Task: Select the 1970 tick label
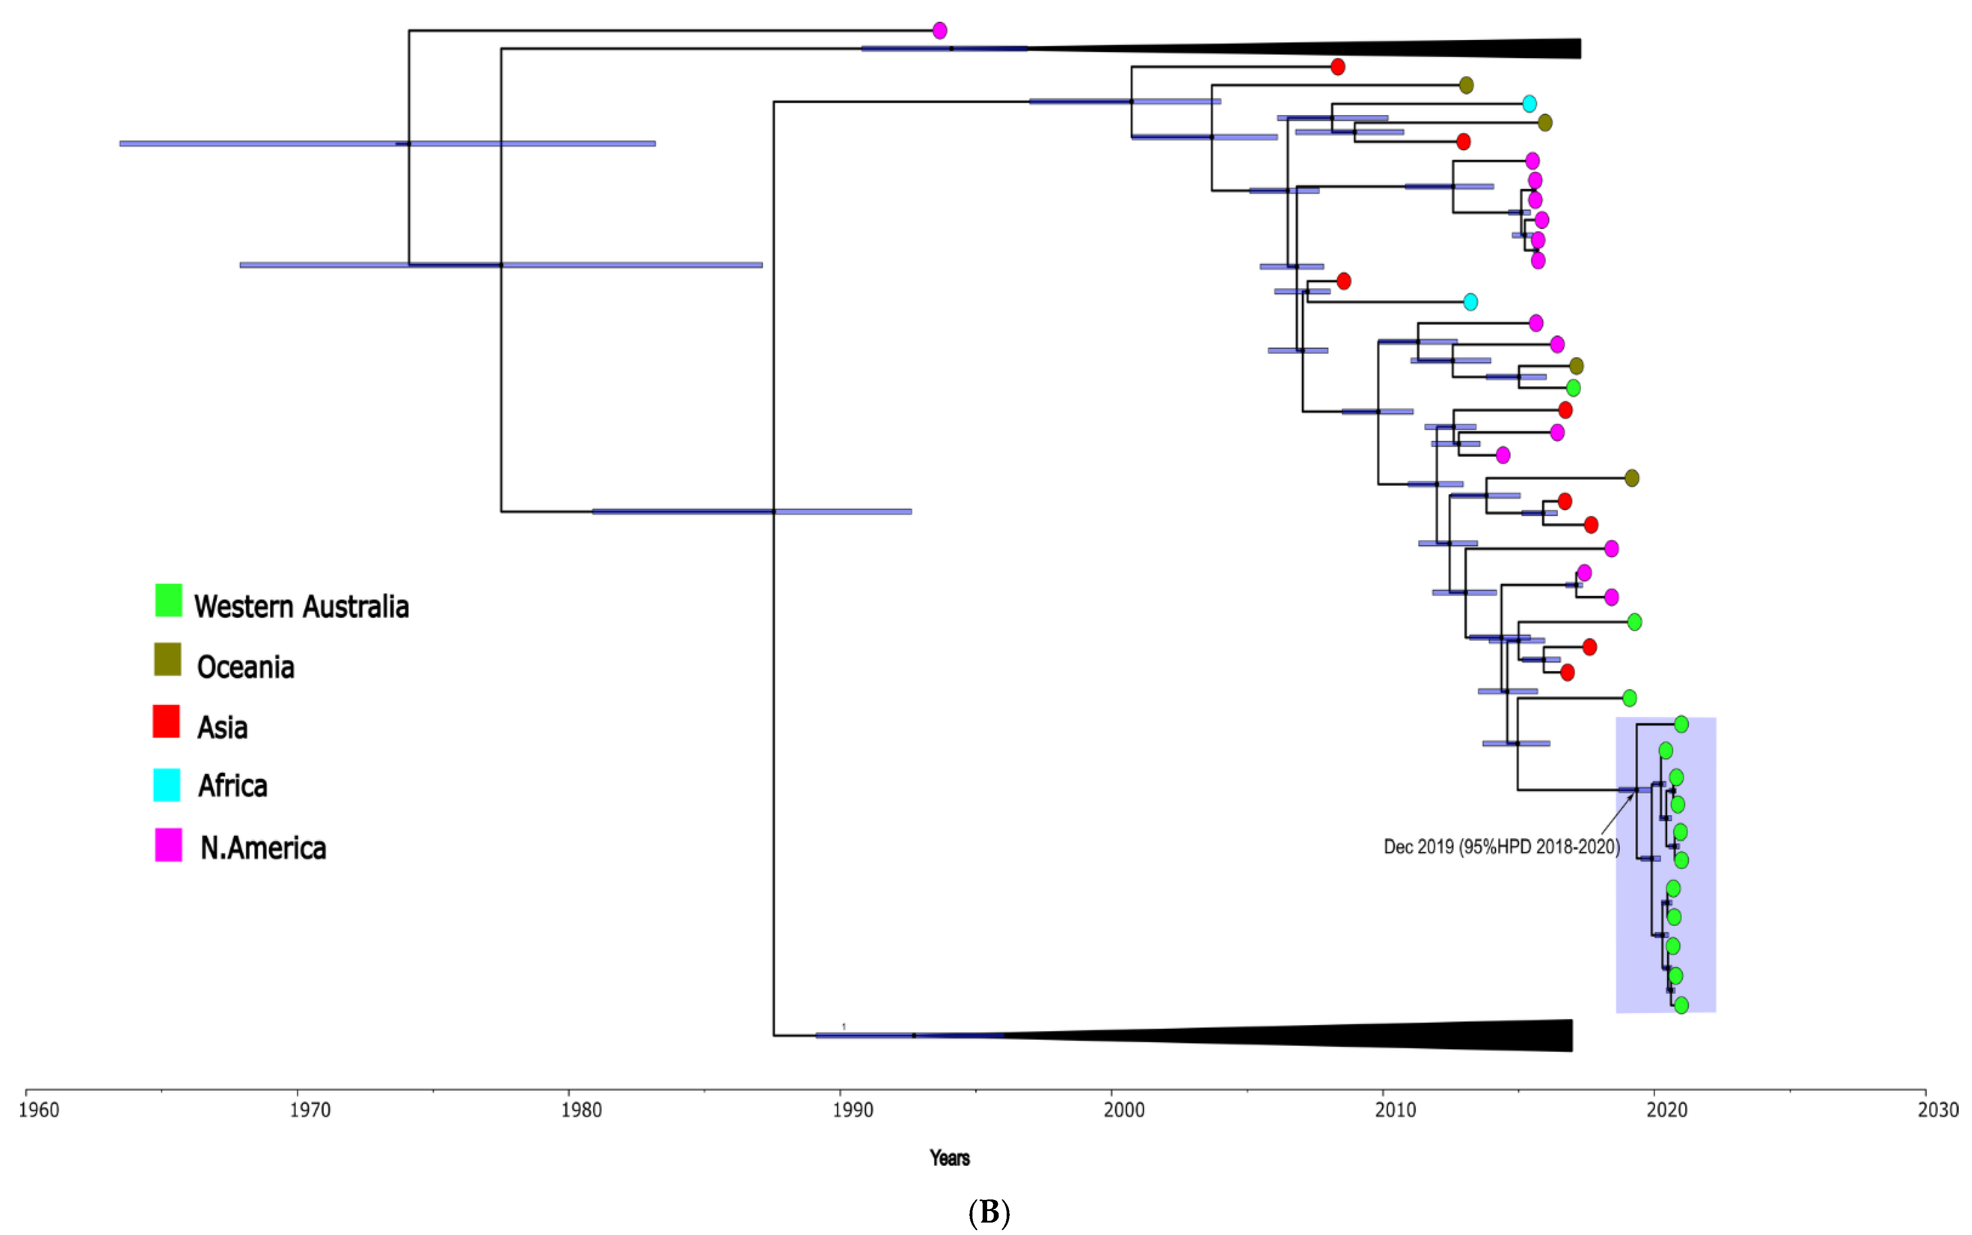310,1110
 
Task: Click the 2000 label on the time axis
1124,1110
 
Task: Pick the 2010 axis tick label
1395,1110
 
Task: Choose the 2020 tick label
1667,1110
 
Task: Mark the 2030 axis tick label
1938,1110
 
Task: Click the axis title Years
949,1158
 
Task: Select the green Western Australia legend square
168,600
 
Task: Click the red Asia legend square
167,722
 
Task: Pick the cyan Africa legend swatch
167,785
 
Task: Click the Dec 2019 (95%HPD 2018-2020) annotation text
1500,847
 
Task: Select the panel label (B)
988,1213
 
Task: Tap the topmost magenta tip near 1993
940,30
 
